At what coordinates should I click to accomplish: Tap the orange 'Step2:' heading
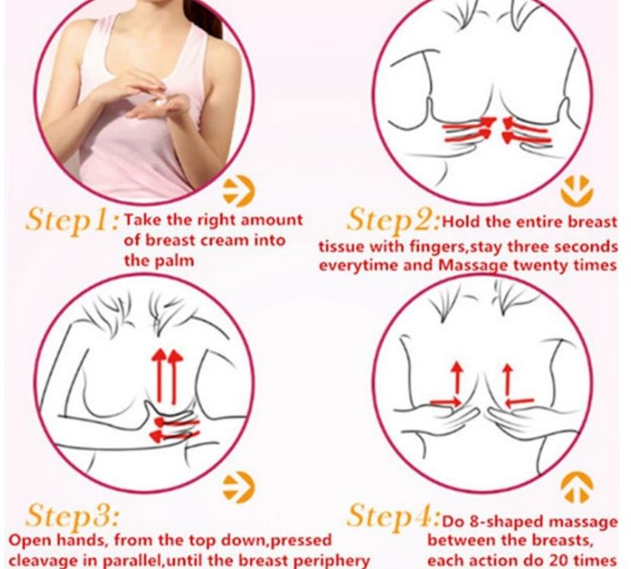[x=393, y=222]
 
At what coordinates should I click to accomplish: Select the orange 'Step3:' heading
[x=73, y=515]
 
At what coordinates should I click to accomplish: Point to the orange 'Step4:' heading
[x=393, y=516]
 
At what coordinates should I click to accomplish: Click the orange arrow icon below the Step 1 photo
[x=239, y=191]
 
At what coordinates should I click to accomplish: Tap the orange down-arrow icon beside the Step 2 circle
[x=577, y=191]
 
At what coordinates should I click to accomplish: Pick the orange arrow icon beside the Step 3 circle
[x=239, y=487]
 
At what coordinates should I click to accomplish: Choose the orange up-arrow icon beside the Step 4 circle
[x=577, y=487]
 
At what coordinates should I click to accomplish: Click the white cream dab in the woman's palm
[x=160, y=102]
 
